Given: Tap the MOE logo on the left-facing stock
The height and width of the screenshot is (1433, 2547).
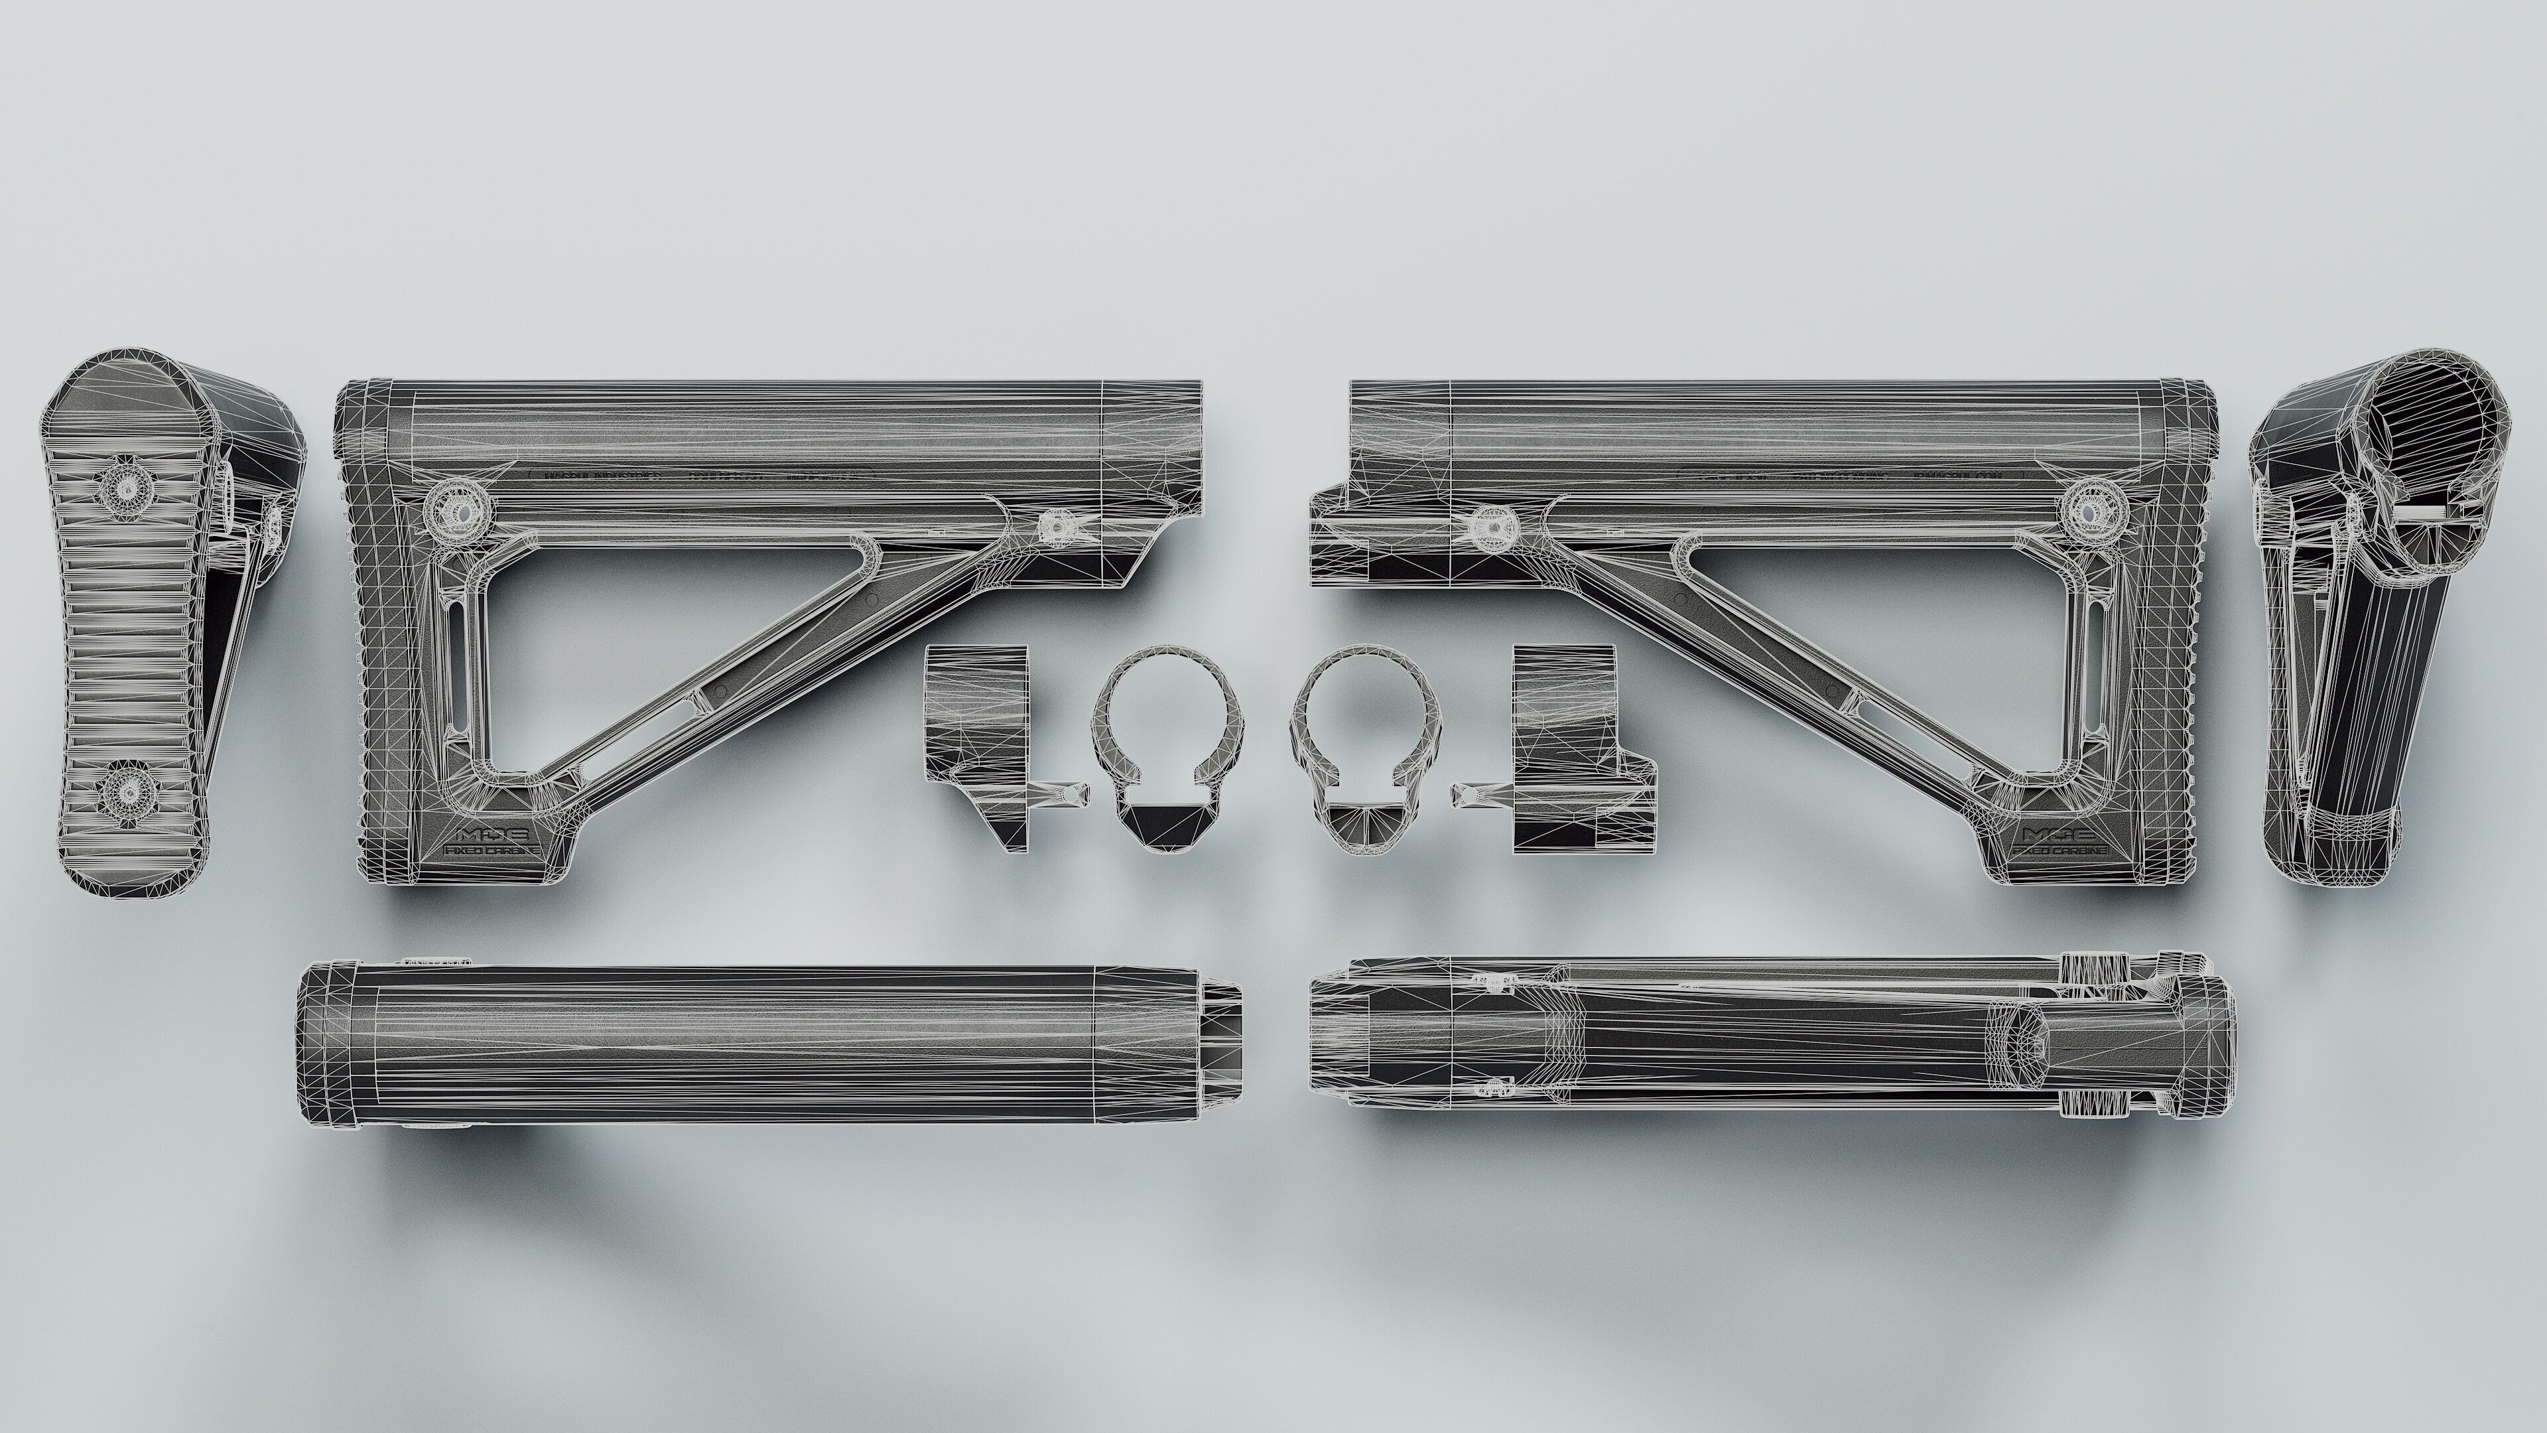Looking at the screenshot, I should pyautogui.click(x=490, y=834).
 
